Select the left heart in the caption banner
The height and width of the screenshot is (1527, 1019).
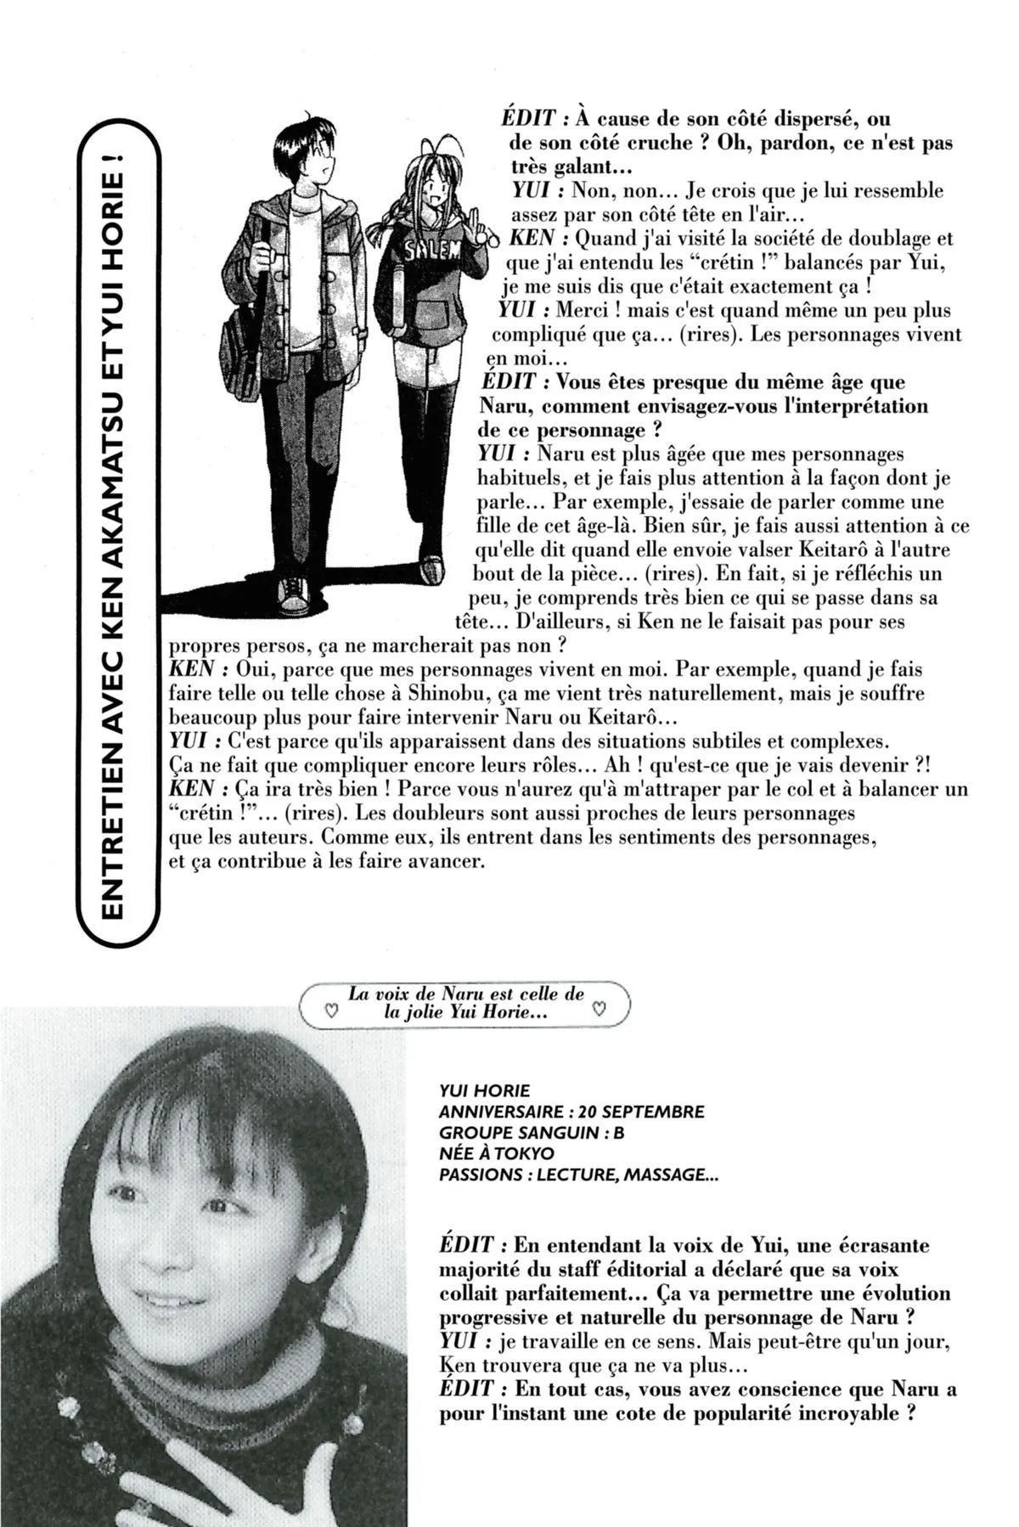coord(332,1011)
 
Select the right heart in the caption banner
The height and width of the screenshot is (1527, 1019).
coord(599,1011)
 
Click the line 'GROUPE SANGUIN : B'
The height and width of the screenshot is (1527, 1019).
coord(532,1132)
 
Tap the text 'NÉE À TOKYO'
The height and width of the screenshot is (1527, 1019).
coord(496,1153)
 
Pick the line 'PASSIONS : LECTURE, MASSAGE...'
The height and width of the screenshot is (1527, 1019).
coord(573,1175)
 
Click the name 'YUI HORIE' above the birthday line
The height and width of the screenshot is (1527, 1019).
coord(485,1090)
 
